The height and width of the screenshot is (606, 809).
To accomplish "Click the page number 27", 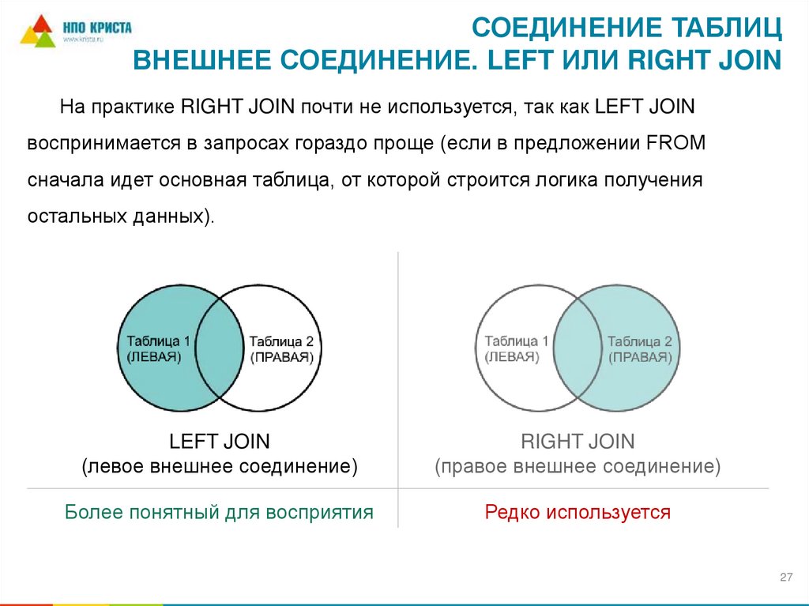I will tap(785, 578).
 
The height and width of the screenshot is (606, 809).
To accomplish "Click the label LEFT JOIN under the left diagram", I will tap(220, 441).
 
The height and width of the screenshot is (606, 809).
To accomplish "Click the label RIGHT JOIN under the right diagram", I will tap(578, 441).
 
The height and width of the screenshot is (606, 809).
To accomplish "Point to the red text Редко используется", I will tap(578, 512).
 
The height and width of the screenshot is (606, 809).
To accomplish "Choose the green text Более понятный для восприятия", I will tap(219, 512).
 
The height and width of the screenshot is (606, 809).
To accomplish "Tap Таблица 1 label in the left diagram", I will tap(159, 341).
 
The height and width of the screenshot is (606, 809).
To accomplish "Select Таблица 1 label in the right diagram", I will tap(517, 341).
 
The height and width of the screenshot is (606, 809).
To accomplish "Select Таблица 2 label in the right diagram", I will tap(639, 341).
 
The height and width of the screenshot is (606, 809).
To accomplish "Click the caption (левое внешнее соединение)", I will tap(220, 466).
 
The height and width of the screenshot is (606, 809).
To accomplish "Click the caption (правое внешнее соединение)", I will tap(578, 466).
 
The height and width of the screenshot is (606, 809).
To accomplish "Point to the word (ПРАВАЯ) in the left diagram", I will tap(282, 357).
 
